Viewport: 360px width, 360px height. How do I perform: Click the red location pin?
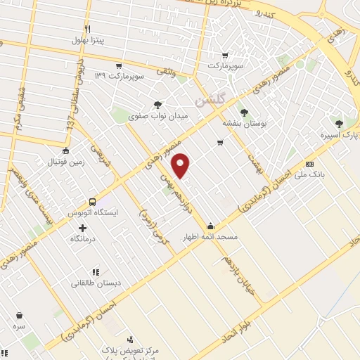tap(181, 165)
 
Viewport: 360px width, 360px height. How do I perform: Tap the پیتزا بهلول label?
tap(87, 40)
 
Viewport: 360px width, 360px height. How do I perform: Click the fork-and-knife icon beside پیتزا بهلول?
tap(87, 29)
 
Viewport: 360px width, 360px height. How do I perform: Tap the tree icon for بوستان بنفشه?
tap(244, 112)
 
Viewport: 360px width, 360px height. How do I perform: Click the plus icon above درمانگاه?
tap(83, 228)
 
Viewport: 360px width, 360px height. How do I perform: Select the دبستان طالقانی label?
tap(95, 283)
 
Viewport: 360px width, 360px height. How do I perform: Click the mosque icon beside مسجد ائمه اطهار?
tap(211, 226)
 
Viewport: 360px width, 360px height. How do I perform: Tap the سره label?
tap(19, 327)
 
